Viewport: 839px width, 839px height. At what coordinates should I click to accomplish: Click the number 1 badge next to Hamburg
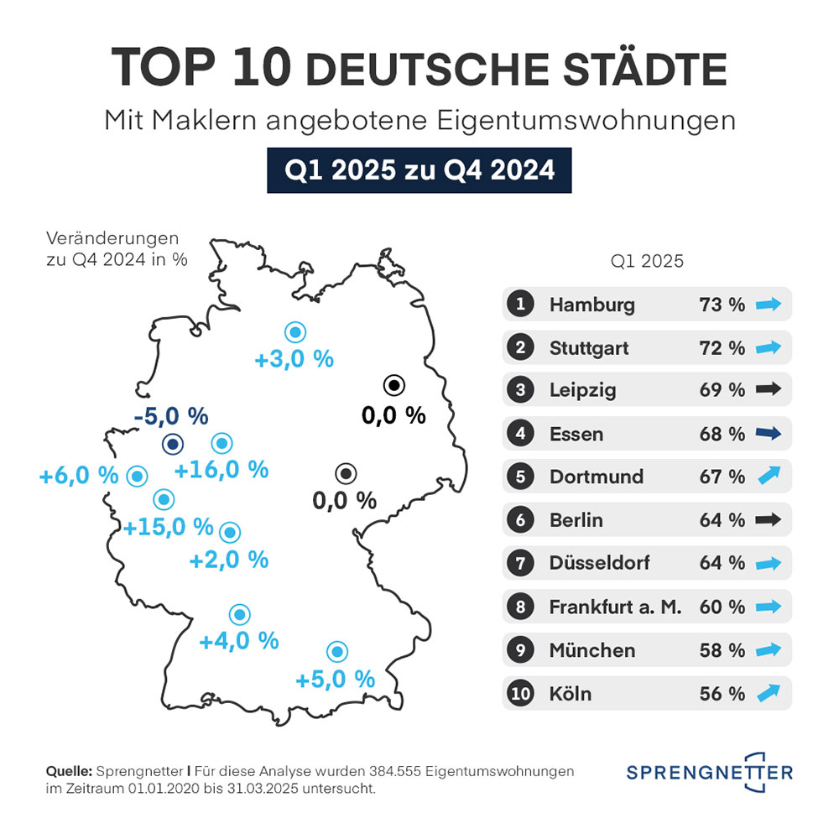521,305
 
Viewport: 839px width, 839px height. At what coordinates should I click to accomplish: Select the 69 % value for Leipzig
722,390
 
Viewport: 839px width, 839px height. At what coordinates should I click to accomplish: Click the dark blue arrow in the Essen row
768,434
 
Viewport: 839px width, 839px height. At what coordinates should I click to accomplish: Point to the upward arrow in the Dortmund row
768,476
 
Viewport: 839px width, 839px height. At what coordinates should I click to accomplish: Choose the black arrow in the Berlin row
768,520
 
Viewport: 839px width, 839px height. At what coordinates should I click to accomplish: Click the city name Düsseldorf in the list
599,563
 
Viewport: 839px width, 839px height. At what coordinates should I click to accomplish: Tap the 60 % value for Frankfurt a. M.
722,607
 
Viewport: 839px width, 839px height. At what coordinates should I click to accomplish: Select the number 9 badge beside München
521,650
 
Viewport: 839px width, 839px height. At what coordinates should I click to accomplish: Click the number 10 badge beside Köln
521,694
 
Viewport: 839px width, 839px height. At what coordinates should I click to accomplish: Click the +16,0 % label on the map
221,470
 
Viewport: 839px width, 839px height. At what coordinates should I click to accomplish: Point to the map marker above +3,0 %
294,332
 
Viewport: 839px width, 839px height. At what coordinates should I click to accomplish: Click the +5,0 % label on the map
335,679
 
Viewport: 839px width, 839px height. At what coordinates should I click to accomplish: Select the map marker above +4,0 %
240,614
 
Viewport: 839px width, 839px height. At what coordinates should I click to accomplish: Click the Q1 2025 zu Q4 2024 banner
419,170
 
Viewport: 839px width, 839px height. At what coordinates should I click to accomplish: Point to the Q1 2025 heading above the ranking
647,261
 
